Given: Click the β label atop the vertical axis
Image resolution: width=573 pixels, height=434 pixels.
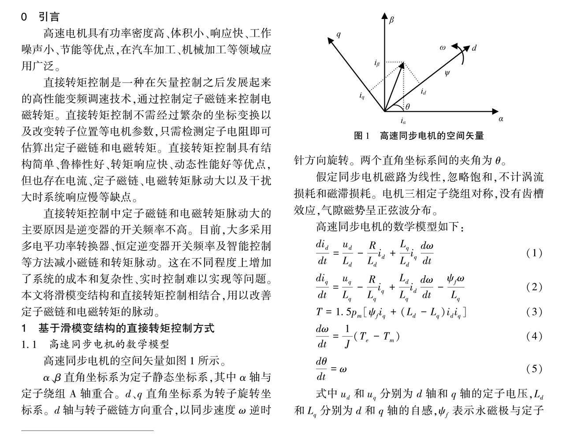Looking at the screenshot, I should pos(391,19).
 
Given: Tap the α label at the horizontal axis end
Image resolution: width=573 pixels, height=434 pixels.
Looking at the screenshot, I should pos(501,119).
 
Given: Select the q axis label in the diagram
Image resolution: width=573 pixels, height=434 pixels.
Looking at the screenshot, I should pos(339,34).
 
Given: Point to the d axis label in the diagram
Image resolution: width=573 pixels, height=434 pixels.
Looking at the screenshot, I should pos(474,48).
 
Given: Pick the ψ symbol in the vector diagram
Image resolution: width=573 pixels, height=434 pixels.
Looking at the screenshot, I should pos(447,73).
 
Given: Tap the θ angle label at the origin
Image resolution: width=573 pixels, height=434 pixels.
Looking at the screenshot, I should pos(407,106).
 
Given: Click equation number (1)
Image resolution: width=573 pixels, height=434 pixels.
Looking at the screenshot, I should pos(534,253).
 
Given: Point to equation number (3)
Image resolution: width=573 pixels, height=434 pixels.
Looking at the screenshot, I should pos(534,312).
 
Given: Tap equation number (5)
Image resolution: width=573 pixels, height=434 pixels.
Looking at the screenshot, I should pos(534,368).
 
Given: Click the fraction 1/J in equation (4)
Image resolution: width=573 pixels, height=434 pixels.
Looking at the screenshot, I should pos(346,336).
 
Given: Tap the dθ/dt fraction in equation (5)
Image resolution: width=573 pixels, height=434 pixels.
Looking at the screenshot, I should pos(321,369).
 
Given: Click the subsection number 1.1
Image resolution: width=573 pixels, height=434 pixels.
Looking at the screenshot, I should pos(29,344).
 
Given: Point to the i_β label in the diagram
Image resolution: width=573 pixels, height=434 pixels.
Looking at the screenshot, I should pos(376,64).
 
